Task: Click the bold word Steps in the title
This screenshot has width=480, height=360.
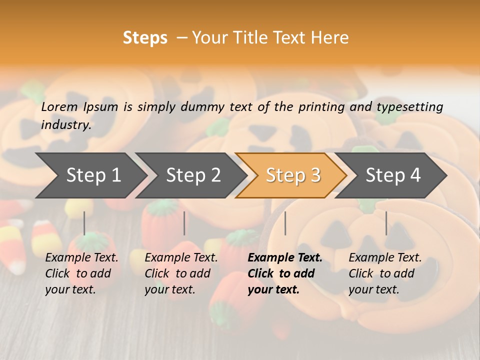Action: click(x=145, y=38)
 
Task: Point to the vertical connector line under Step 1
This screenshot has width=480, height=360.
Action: click(x=84, y=223)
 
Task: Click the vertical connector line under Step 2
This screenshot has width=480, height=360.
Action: click(x=184, y=223)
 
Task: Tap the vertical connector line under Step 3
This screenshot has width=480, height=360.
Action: click(x=285, y=223)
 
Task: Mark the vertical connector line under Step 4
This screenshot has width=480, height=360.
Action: click(x=386, y=223)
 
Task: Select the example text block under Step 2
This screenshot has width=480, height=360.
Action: click(x=181, y=273)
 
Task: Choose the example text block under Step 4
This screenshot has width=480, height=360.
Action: click(x=385, y=273)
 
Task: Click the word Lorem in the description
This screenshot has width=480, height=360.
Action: click(x=59, y=107)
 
